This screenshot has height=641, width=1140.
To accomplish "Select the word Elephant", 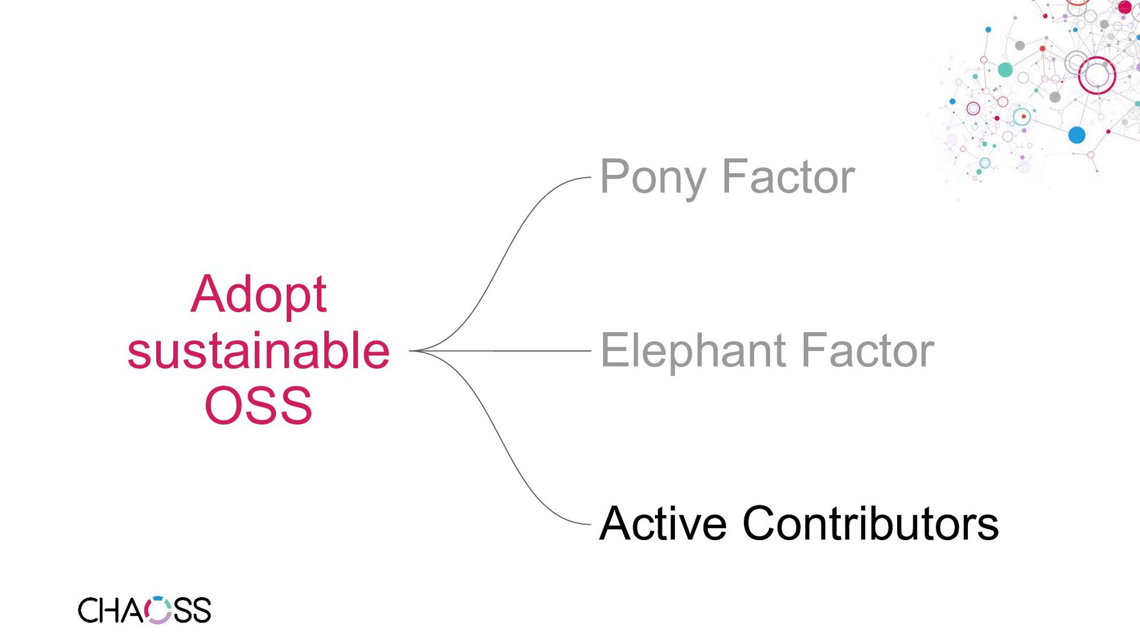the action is (x=692, y=351).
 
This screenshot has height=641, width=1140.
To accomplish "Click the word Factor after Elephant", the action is (x=867, y=351).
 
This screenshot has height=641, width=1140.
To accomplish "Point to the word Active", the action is (x=662, y=523).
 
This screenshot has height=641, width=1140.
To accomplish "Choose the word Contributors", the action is (x=870, y=523).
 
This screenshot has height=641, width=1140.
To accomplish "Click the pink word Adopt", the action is (x=258, y=294).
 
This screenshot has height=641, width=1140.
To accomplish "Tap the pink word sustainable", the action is (x=258, y=351).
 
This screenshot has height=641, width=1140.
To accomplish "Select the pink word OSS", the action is (x=258, y=406).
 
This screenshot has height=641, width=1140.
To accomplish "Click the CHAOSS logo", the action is (x=144, y=610).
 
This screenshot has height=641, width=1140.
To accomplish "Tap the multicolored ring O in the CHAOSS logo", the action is (x=158, y=610).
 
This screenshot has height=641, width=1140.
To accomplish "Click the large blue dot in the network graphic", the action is (x=1076, y=135).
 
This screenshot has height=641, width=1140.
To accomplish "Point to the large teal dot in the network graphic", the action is (x=1005, y=70).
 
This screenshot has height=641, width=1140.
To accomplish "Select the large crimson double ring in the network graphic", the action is (x=1097, y=75).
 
